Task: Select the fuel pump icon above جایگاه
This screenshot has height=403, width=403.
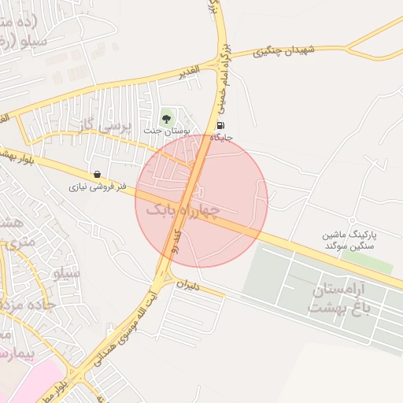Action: [220, 125]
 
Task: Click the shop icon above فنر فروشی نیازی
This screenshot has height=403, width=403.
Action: [97, 175]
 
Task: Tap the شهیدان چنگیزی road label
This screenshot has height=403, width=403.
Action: [284, 51]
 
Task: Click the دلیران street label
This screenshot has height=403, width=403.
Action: [190, 287]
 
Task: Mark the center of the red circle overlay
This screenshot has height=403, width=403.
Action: [201, 201]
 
